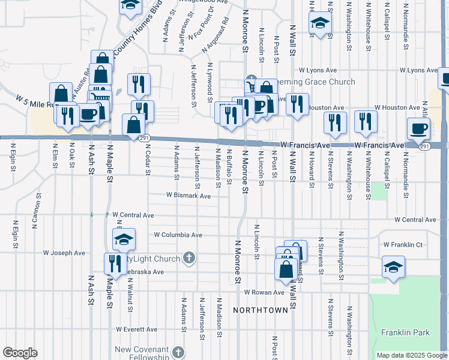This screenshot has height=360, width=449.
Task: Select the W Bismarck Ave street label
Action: click(188, 196)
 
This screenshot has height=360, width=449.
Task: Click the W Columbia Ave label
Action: click(178, 235)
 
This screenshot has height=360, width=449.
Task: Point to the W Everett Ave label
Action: click(137, 329)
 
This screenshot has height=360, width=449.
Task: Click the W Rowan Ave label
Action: click(264, 292)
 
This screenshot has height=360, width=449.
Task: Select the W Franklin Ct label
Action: click(403, 245)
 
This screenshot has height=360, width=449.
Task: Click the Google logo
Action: click(20, 352)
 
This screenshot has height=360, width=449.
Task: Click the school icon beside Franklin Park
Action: click(393, 267)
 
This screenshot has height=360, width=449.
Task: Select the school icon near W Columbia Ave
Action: click(124, 240)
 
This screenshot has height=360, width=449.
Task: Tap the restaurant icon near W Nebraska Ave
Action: click(112, 263)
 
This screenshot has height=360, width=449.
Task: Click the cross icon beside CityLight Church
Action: click(189, 259)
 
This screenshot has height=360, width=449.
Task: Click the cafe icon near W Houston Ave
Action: click(418, 128)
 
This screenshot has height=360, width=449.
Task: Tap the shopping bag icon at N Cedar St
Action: click(134, 125)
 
